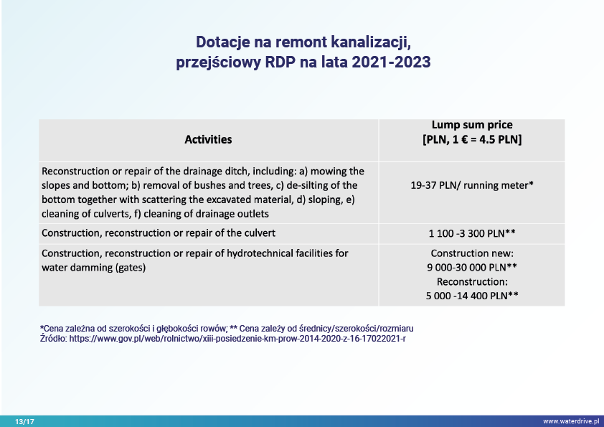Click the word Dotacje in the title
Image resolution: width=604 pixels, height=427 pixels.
222,42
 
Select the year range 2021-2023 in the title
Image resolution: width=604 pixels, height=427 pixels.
391,62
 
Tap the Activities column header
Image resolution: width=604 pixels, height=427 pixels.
208,139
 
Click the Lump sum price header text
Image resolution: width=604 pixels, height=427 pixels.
472,125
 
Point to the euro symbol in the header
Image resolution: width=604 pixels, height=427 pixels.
465,139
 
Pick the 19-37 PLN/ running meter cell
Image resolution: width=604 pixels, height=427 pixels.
472,185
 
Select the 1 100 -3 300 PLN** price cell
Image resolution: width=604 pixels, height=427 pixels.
472,233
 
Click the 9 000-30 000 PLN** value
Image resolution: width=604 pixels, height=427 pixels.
472,267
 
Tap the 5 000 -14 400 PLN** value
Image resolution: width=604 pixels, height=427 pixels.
472,296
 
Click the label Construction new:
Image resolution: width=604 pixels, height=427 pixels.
472,253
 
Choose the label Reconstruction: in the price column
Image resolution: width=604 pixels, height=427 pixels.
472,282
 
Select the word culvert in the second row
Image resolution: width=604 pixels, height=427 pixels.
261,233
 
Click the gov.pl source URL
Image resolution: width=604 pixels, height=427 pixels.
237,339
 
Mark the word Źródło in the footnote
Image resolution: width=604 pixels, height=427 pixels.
53,338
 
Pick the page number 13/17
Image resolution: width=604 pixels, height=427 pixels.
24,421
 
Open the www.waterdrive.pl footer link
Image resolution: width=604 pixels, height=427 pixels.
571,421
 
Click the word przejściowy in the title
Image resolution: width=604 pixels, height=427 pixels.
218,62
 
